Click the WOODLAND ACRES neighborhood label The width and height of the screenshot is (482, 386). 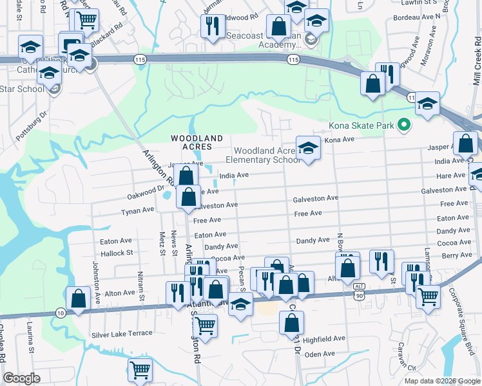tap(197, 142)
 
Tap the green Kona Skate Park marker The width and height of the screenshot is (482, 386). tap(404, 124)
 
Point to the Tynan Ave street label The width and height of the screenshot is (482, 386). tap(138, 210)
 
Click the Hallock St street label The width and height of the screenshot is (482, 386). tap(116, 253)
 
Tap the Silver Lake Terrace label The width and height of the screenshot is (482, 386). tap(122, 333)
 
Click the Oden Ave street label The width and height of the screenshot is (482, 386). tap(320, 354)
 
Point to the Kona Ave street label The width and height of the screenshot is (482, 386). tap(339, 140)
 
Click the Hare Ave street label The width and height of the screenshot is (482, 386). tap(450, 176)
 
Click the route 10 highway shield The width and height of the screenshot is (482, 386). tap(60, 312)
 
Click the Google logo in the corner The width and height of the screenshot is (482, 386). tap(22, 378)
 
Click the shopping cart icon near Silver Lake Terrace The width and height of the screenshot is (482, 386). tap(205, 325)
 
